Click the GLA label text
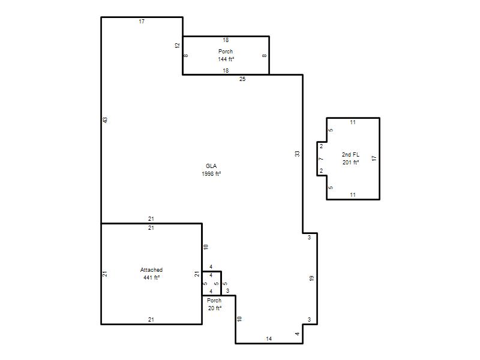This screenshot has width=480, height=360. [x=211, y=166]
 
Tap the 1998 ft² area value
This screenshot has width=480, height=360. [x=211, y=174]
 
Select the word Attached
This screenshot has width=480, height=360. [x=151, y=269]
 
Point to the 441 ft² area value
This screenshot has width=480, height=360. [x=151, y=278]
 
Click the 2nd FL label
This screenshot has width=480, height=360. [x=350, y=155]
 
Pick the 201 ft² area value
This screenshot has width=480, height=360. [x=350, y=163]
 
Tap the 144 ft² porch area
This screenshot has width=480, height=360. [x=226, y=59]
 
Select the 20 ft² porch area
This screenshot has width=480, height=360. [x=215, y=308]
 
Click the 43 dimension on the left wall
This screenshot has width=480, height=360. [x=106, y=120]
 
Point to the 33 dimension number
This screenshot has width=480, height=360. [x=297, y=154]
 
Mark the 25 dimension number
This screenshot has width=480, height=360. [x=242, y=79]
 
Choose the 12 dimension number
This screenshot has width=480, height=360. [x=177, y=46]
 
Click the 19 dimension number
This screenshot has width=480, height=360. [x=311, y=278]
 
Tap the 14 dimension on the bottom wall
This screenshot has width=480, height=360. [x=269, y=338]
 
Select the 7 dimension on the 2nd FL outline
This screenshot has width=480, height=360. [x=321, y=159]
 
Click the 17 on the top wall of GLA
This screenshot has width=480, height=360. [x=142, y=22]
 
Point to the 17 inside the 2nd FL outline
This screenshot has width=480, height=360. [x=374, y=158]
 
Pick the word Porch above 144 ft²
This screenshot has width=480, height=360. [x=226, y=51]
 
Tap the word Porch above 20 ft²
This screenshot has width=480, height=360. [x=214, y=301]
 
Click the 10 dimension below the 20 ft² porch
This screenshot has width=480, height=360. [x=239, y=319]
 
